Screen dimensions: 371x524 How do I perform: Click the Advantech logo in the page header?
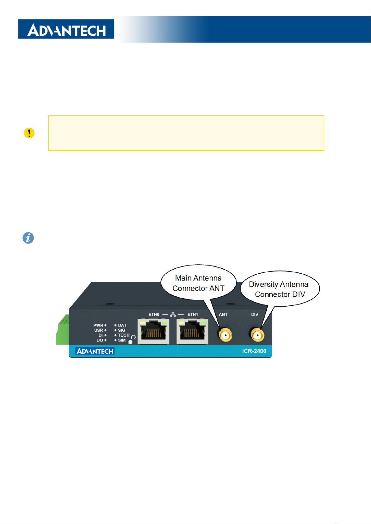66,29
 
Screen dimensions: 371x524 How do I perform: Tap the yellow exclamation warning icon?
29,133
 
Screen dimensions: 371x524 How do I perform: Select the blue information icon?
28,238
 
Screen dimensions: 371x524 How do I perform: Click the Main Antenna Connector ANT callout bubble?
198,283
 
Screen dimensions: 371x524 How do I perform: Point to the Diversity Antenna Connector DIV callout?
279,289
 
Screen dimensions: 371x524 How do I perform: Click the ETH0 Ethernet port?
153,331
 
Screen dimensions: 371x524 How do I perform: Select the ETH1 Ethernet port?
192,331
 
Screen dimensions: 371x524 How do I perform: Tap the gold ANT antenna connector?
225,335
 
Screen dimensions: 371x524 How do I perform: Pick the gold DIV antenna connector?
257,335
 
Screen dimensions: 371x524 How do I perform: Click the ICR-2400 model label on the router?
254,351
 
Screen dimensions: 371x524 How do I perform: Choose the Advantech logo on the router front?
95,351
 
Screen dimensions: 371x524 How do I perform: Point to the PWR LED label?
98,325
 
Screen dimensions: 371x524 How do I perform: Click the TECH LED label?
124,335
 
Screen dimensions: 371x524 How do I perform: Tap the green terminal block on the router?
63,330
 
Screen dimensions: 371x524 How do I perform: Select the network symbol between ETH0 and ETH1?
173,314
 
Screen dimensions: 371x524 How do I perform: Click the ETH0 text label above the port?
154,314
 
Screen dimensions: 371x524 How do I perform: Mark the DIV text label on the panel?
255,314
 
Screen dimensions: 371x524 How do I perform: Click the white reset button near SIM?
130,342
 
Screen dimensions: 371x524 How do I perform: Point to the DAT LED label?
122,325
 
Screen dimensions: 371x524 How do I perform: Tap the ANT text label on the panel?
223,314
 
